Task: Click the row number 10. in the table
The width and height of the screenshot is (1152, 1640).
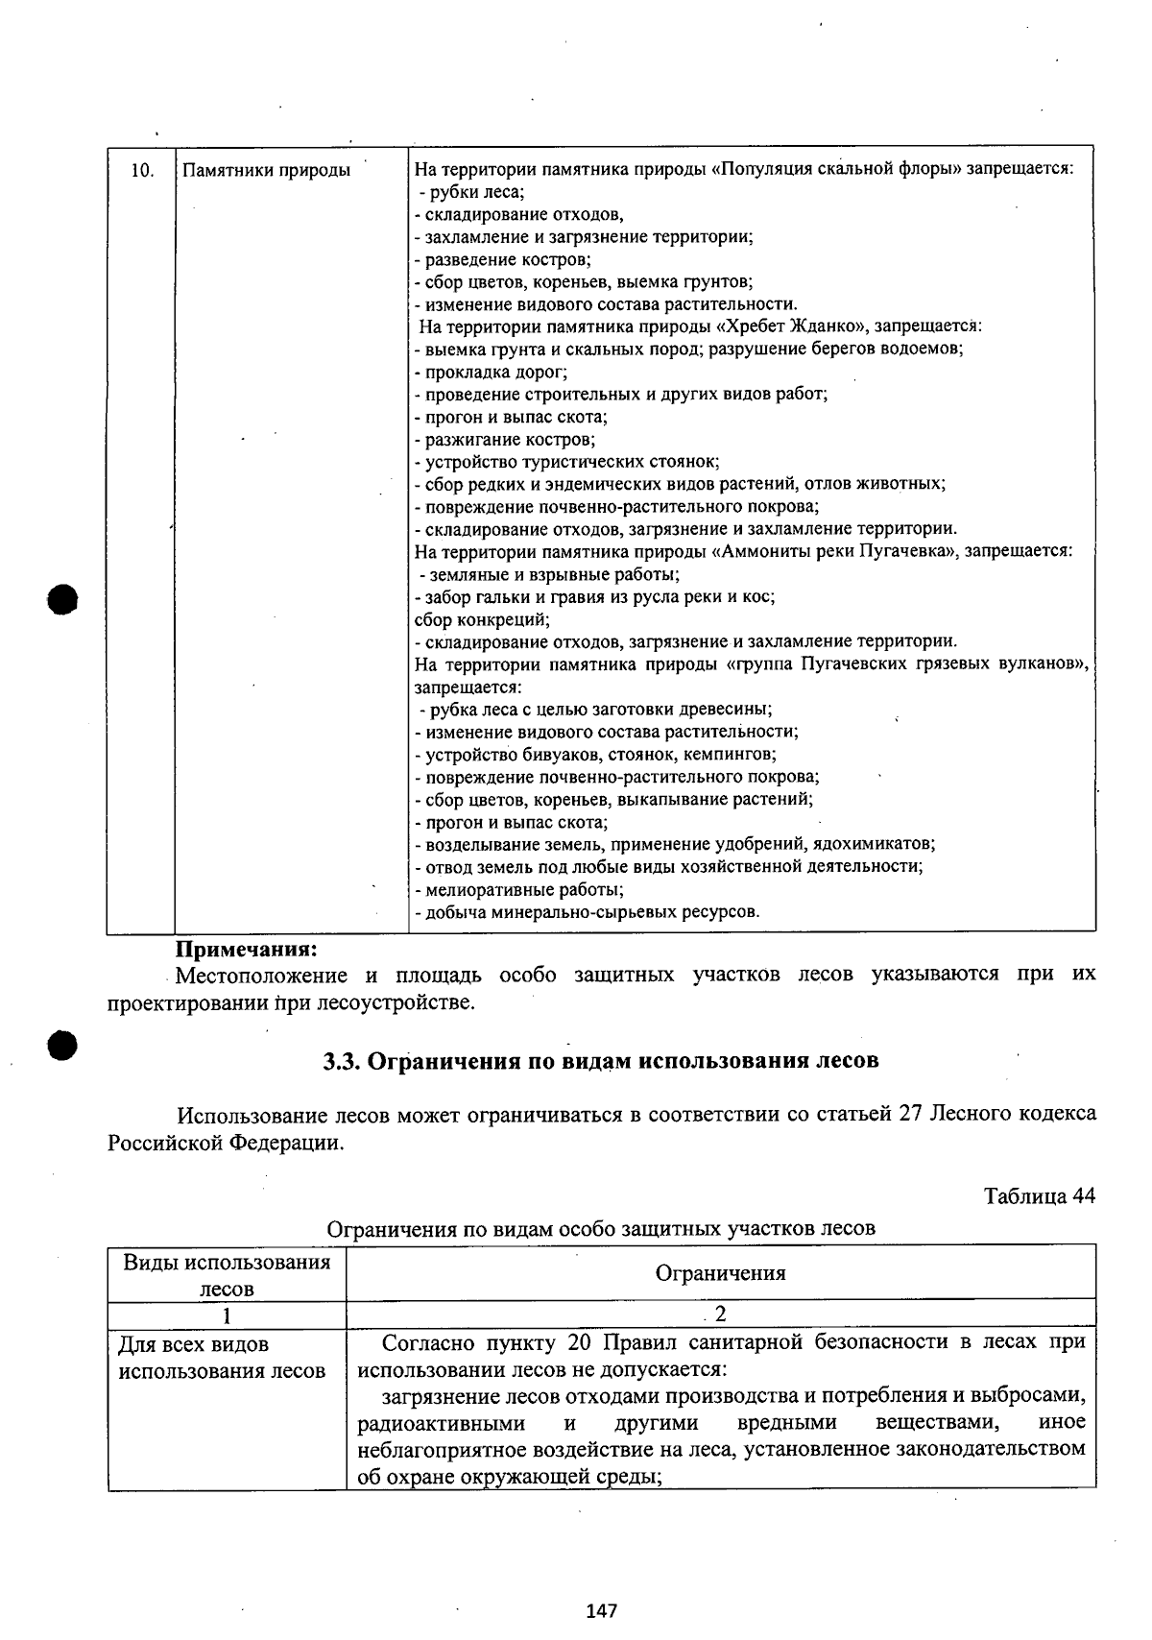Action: pos(142,171)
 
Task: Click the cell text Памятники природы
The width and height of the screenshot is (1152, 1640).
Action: pos(266,171)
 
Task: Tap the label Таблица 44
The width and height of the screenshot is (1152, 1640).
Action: pos(1039,1196)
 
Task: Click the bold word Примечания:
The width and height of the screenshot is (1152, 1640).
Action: pos(246,950)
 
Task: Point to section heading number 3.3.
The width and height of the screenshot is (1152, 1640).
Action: pos(341,1061)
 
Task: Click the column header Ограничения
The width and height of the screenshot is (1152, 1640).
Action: pos(720,1273)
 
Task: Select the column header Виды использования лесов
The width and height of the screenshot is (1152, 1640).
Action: pos(227,1275)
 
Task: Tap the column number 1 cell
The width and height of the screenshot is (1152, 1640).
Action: pos(227,1314)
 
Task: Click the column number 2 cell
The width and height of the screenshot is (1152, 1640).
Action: pos(720,1314)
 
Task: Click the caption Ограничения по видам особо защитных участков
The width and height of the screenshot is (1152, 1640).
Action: pos(601,1228)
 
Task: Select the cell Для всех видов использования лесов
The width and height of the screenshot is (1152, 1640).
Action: pos(222,1358)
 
